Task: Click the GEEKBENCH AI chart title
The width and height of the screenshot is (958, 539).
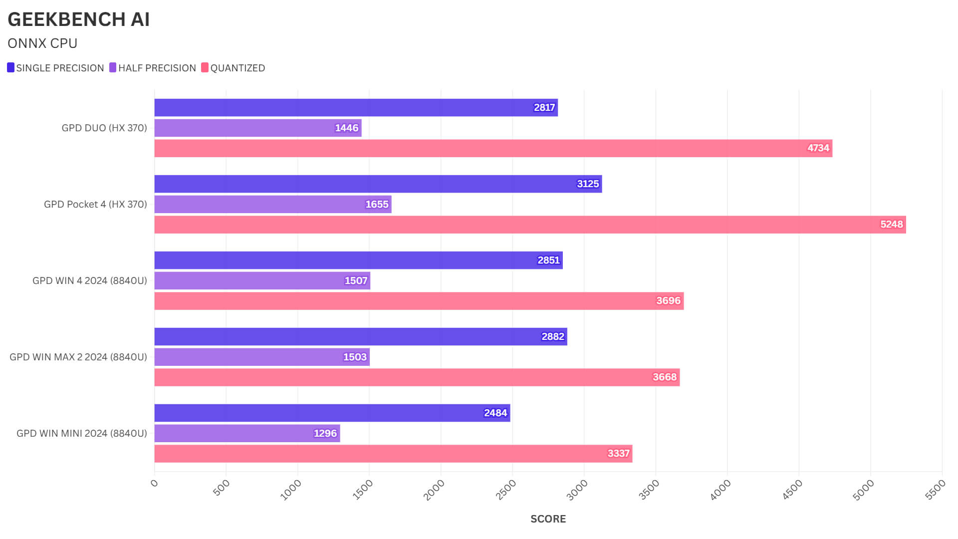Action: coord(78,19)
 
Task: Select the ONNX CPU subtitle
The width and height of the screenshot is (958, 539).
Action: coord(42,43)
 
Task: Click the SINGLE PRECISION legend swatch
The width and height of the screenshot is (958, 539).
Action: coord(11,67)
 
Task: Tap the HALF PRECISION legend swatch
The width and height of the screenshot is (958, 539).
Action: coord(113,67)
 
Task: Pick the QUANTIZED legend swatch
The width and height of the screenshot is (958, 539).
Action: coord(205,67)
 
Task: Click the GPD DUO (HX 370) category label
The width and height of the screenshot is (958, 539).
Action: coord(104,128)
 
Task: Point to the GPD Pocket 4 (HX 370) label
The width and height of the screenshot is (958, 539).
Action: coord(95,204)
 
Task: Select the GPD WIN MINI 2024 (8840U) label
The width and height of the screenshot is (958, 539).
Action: coord(82,433)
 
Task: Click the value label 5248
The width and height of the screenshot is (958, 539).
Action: coord(891,225)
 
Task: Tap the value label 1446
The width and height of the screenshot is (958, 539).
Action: coord(346,128)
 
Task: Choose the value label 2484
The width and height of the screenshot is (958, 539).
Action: coord(495,413)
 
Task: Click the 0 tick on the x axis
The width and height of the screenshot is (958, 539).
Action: coord(154,483)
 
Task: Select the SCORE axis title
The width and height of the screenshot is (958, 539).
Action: coord(548,519)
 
